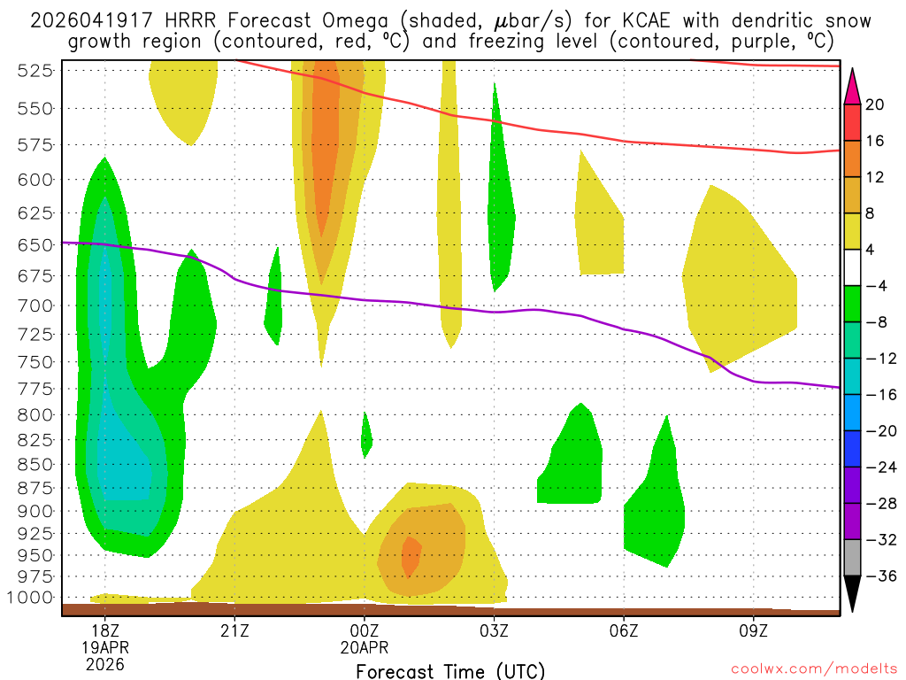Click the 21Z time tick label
click(x=234, y=631)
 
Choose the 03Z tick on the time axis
click(x=494, y=631)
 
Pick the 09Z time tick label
click(x=754, y=631)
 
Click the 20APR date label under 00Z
click(x=365, y=647)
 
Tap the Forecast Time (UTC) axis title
click(x=450, y=670)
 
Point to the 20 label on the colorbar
click(x=875, y=105)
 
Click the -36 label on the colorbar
click(x=879, y=576)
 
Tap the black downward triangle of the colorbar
click(x=853, y=593)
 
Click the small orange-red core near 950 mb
click(x=411, y=555)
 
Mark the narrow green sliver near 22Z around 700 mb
click(x=274, y=297)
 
